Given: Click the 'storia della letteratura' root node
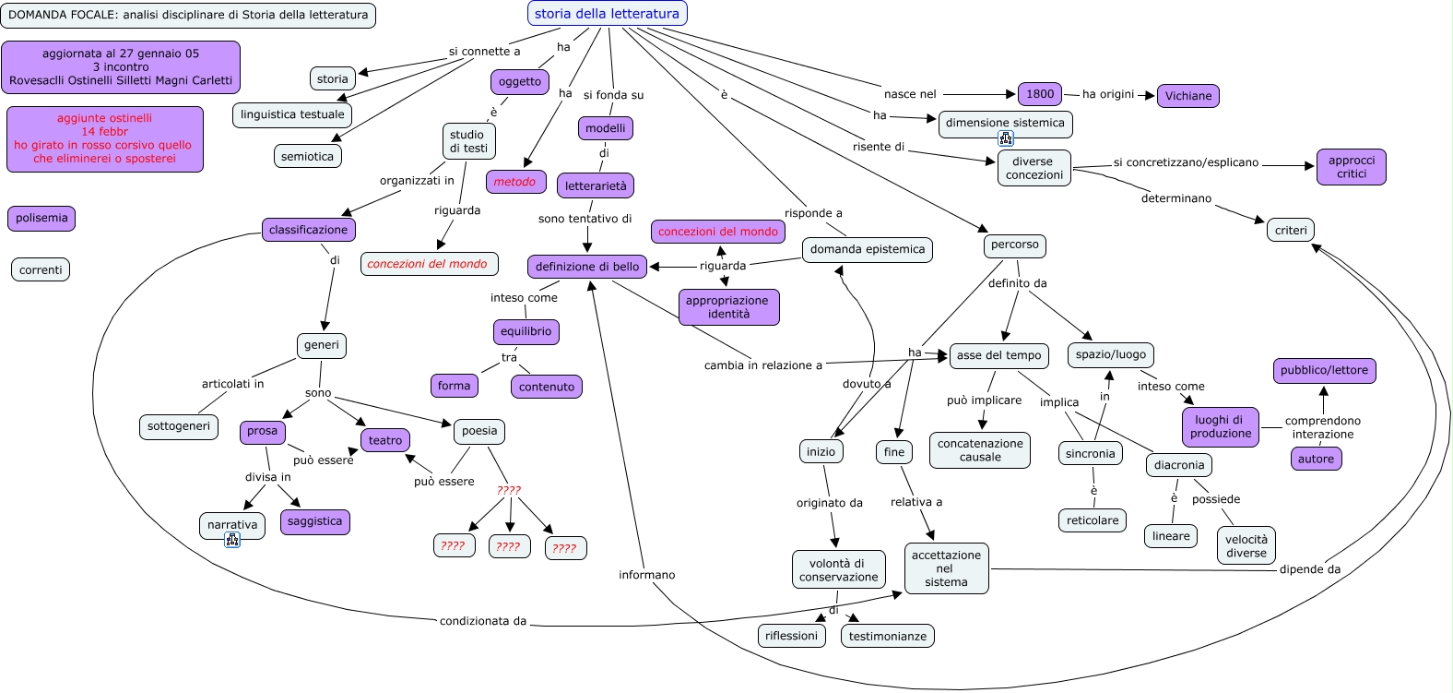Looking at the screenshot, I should pos(607,14).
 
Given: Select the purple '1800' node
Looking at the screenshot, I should pos(1039,94).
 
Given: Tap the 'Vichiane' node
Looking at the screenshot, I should pos(1187,96).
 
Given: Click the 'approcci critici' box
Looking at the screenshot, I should pos(1351,167).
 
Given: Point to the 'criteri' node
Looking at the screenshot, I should pos(1290,231).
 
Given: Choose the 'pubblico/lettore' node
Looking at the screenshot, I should pos(1324,371).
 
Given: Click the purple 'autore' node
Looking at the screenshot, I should pos(1316,460).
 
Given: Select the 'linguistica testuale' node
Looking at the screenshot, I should pos(292,115).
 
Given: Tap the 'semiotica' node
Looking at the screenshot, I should pos(307,157).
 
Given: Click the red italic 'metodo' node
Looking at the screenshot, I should pos(514,182).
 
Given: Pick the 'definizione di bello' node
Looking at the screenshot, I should pos(587,267).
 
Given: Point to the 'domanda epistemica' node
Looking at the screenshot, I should pos(867,249).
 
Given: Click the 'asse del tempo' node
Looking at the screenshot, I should pos(998,355).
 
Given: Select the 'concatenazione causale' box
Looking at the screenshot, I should pos(979,450).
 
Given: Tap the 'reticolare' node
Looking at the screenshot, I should pos(1092,520).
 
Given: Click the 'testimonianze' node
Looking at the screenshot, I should pos(887,636).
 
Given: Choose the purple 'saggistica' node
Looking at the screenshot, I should pos(314,521).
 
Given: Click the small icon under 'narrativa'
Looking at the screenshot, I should pos(232,540).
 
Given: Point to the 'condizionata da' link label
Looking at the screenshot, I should pos(483,621).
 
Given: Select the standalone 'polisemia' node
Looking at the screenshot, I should pos(41,219).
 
